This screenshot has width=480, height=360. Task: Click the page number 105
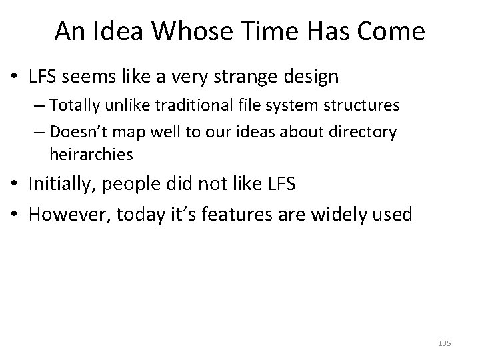click(445, 343)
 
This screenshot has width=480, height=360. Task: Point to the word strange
click(259, 77)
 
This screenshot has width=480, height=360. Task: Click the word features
click(254, 215)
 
